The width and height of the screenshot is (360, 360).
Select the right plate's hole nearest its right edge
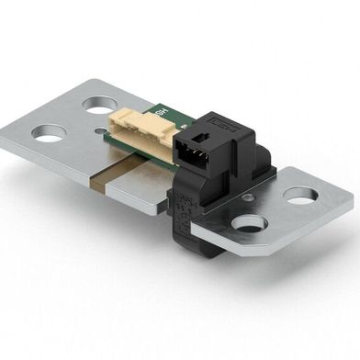pyautogui.click(x=299, y=195)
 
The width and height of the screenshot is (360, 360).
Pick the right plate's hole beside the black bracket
pyautogui.click(x=248, y=221)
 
